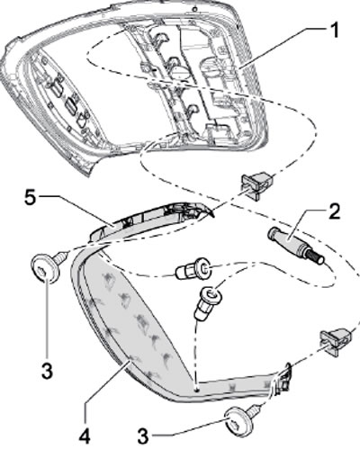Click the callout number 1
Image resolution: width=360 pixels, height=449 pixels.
coord(333,31)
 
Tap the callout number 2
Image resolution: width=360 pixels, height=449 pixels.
coord(334,211)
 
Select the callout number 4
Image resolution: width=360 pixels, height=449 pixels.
coord(84,435)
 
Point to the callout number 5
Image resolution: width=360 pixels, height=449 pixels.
coord(31,199)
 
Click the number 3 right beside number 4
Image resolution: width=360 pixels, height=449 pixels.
coord(143,435)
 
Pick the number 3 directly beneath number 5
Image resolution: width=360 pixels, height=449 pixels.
coord(48,371)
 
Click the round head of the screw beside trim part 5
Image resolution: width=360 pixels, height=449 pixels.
coord(43,268)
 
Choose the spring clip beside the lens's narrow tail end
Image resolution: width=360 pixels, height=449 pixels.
coord(337,341)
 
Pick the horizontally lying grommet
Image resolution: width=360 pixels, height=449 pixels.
coord(193,269)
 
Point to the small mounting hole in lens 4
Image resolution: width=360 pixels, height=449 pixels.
coord(196,391)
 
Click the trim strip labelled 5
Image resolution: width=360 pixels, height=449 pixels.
coord(150,220)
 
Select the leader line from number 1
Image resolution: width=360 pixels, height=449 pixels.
coord(283,49)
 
